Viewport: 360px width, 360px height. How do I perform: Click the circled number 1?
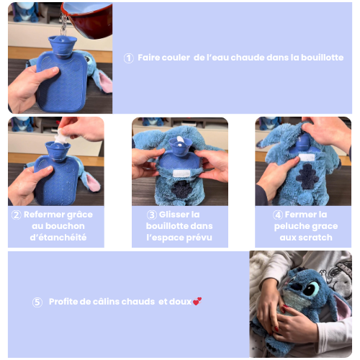129,58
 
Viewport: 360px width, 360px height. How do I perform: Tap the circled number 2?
17,215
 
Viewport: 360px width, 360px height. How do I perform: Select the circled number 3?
152,215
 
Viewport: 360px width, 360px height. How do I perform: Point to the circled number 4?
278,215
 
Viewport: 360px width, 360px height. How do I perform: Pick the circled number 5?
37,302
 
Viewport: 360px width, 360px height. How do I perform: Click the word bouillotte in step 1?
322,58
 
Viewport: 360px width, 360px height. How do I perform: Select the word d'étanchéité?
58,238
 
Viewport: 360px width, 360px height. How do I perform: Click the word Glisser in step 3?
174,215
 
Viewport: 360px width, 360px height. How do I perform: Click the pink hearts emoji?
197,302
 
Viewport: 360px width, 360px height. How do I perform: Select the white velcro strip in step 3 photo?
181,173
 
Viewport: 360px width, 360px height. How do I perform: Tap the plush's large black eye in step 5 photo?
310,289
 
